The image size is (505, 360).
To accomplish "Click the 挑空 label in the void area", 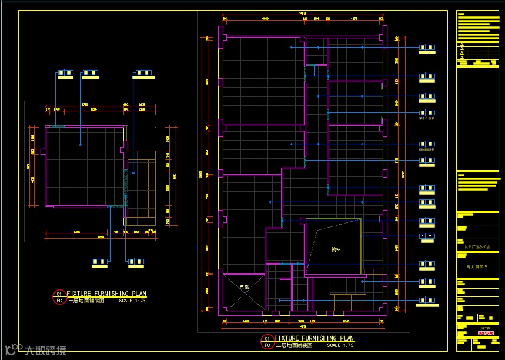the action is click(x=336, y=249).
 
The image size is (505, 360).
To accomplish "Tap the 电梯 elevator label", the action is click(x=245, y=287).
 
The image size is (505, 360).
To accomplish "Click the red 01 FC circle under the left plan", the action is click(x=59, y=296).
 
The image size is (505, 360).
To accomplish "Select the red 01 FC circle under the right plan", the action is click(x=267, y=341).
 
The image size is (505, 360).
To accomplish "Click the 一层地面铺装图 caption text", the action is click(x=87, y=300).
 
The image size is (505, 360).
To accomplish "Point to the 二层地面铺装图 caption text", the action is click(x=295, y=345).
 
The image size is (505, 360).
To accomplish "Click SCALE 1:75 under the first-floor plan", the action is click(x=132, y=300).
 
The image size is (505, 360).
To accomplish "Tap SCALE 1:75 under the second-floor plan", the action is click(x=340, y=345).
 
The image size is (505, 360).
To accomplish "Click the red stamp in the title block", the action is click(x=486, y=334).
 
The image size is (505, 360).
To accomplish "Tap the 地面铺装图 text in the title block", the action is click(x=470, y=266).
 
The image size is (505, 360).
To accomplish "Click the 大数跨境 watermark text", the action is click(x=45, y=351).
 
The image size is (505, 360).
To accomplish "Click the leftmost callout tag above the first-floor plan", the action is click(x=64, y=74).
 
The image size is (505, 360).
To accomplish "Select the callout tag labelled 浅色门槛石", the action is click(x=427, y=113).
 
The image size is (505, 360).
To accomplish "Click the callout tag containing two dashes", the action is click(x=427, y=236).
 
